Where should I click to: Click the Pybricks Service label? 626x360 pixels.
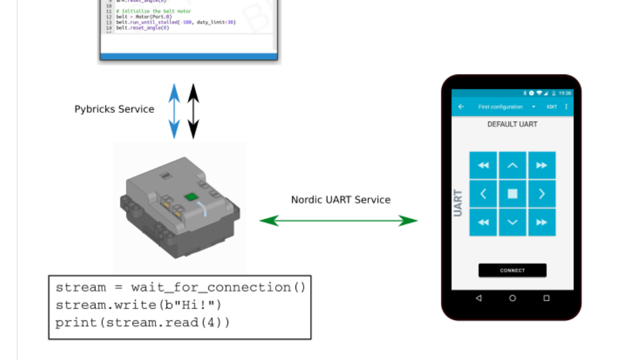click(x=114, y=109)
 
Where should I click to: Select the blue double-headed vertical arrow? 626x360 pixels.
click(x=175, y=111)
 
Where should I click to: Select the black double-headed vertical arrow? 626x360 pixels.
click(x=194, y=111)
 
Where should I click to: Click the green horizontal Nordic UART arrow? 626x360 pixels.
click(x=338, y=220)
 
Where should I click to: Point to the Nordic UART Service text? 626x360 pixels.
click(x=340, y=200)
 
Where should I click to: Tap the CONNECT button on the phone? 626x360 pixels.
click(x=512, y=270)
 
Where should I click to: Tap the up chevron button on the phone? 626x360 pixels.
click(x=512, y=166)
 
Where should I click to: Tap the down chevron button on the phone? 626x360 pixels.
click(x=512, y=222)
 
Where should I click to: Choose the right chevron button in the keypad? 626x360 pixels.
click(x=541, y=194)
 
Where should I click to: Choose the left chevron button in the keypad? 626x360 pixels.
click(x=483, y=194)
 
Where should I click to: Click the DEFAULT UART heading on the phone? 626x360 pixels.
click(x=512, y=124)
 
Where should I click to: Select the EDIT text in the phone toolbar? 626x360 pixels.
click(x=552, y=107)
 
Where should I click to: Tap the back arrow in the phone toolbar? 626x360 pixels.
click(x=461, y=107)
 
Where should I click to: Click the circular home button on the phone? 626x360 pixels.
click(x=512, y=298)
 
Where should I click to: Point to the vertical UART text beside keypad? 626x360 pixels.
click(x=458, y=202)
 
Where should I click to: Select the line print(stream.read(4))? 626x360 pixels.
click(x=143, y=322)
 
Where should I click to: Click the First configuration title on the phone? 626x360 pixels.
click(x=500, y=107)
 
